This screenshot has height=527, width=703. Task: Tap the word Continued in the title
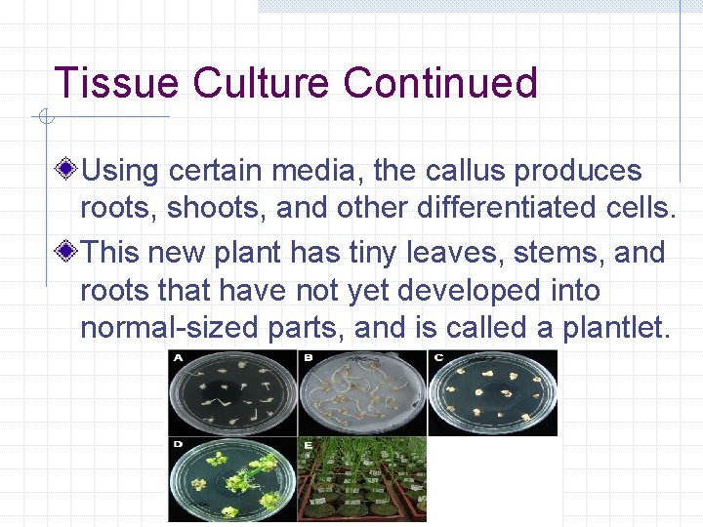[440, 83]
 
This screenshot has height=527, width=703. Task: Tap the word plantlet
[614, 328]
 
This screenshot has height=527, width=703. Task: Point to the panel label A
[178, 357]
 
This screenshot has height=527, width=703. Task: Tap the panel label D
[178, 444]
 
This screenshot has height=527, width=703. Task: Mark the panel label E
[307, 444]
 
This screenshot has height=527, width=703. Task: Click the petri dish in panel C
[492, 392]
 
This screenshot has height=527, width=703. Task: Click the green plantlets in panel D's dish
[239, 478]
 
